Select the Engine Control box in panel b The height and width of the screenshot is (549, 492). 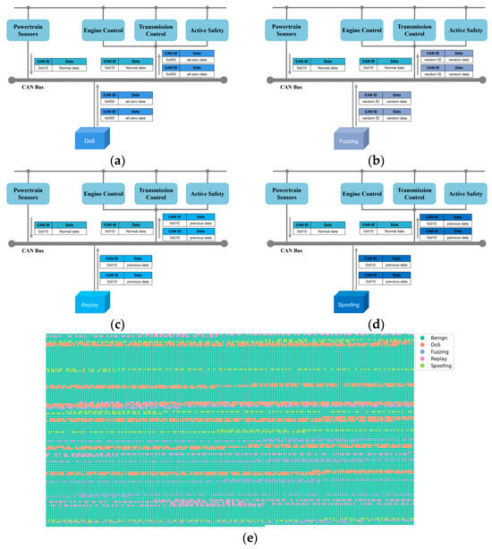[x=362, y=30]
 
